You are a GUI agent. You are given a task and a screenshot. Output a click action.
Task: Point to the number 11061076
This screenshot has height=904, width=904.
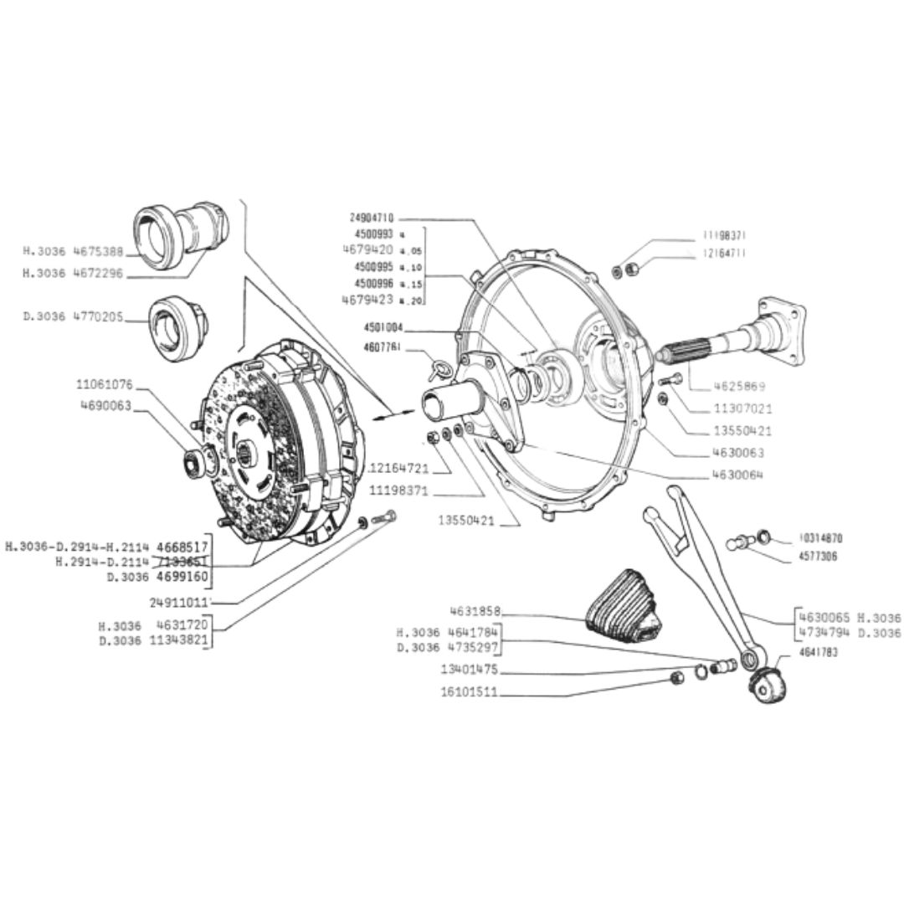[x=105, y=385]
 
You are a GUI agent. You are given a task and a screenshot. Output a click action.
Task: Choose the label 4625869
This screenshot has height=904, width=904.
[x=739, y=388]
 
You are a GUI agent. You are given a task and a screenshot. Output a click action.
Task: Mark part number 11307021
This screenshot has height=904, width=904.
[x=742, y=409]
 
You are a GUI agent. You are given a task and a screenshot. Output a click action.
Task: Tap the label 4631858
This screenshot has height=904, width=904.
[x=475, y=612]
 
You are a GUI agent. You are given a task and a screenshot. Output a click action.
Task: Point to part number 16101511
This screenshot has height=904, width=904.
[x=470, y=692]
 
